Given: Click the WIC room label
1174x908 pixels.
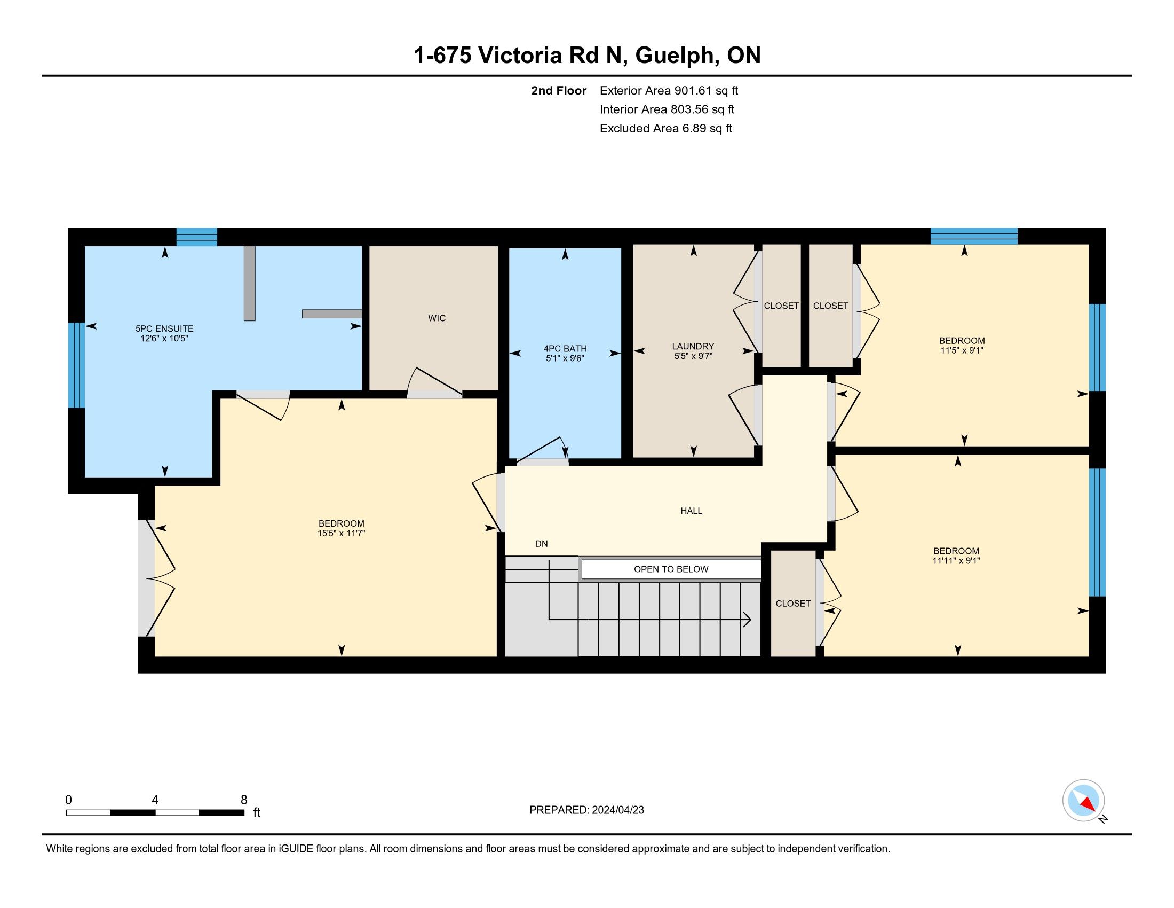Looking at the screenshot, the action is (437, 318).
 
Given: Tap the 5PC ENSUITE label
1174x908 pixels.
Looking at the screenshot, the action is (164, 328).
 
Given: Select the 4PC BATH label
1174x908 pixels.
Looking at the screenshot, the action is (565, 349).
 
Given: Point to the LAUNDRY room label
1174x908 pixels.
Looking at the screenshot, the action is (693, 347).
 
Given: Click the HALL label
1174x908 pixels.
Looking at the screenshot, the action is (691, 511).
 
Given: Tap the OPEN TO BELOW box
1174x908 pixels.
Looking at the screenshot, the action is (671, 569).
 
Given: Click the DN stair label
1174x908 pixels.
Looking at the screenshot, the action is (541, 544).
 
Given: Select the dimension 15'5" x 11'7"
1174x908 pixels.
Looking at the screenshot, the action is (342, 534).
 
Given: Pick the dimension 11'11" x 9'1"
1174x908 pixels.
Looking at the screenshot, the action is (956, 560).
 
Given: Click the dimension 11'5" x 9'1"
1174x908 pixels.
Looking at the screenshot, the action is (962, 350).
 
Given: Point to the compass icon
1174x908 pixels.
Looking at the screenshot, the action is (1083, 801).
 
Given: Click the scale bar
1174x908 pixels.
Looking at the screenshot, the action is (155, 813).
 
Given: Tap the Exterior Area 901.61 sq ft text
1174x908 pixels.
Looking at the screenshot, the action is (669, 91).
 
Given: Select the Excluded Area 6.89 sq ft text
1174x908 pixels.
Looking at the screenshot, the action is (666, 129).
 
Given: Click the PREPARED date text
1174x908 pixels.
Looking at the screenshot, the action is (586, 810).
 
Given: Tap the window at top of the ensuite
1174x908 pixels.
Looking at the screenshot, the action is (197, 237).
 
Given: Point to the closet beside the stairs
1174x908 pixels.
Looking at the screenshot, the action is (794, 604).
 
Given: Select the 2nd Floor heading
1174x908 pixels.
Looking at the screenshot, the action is (559, 91).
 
